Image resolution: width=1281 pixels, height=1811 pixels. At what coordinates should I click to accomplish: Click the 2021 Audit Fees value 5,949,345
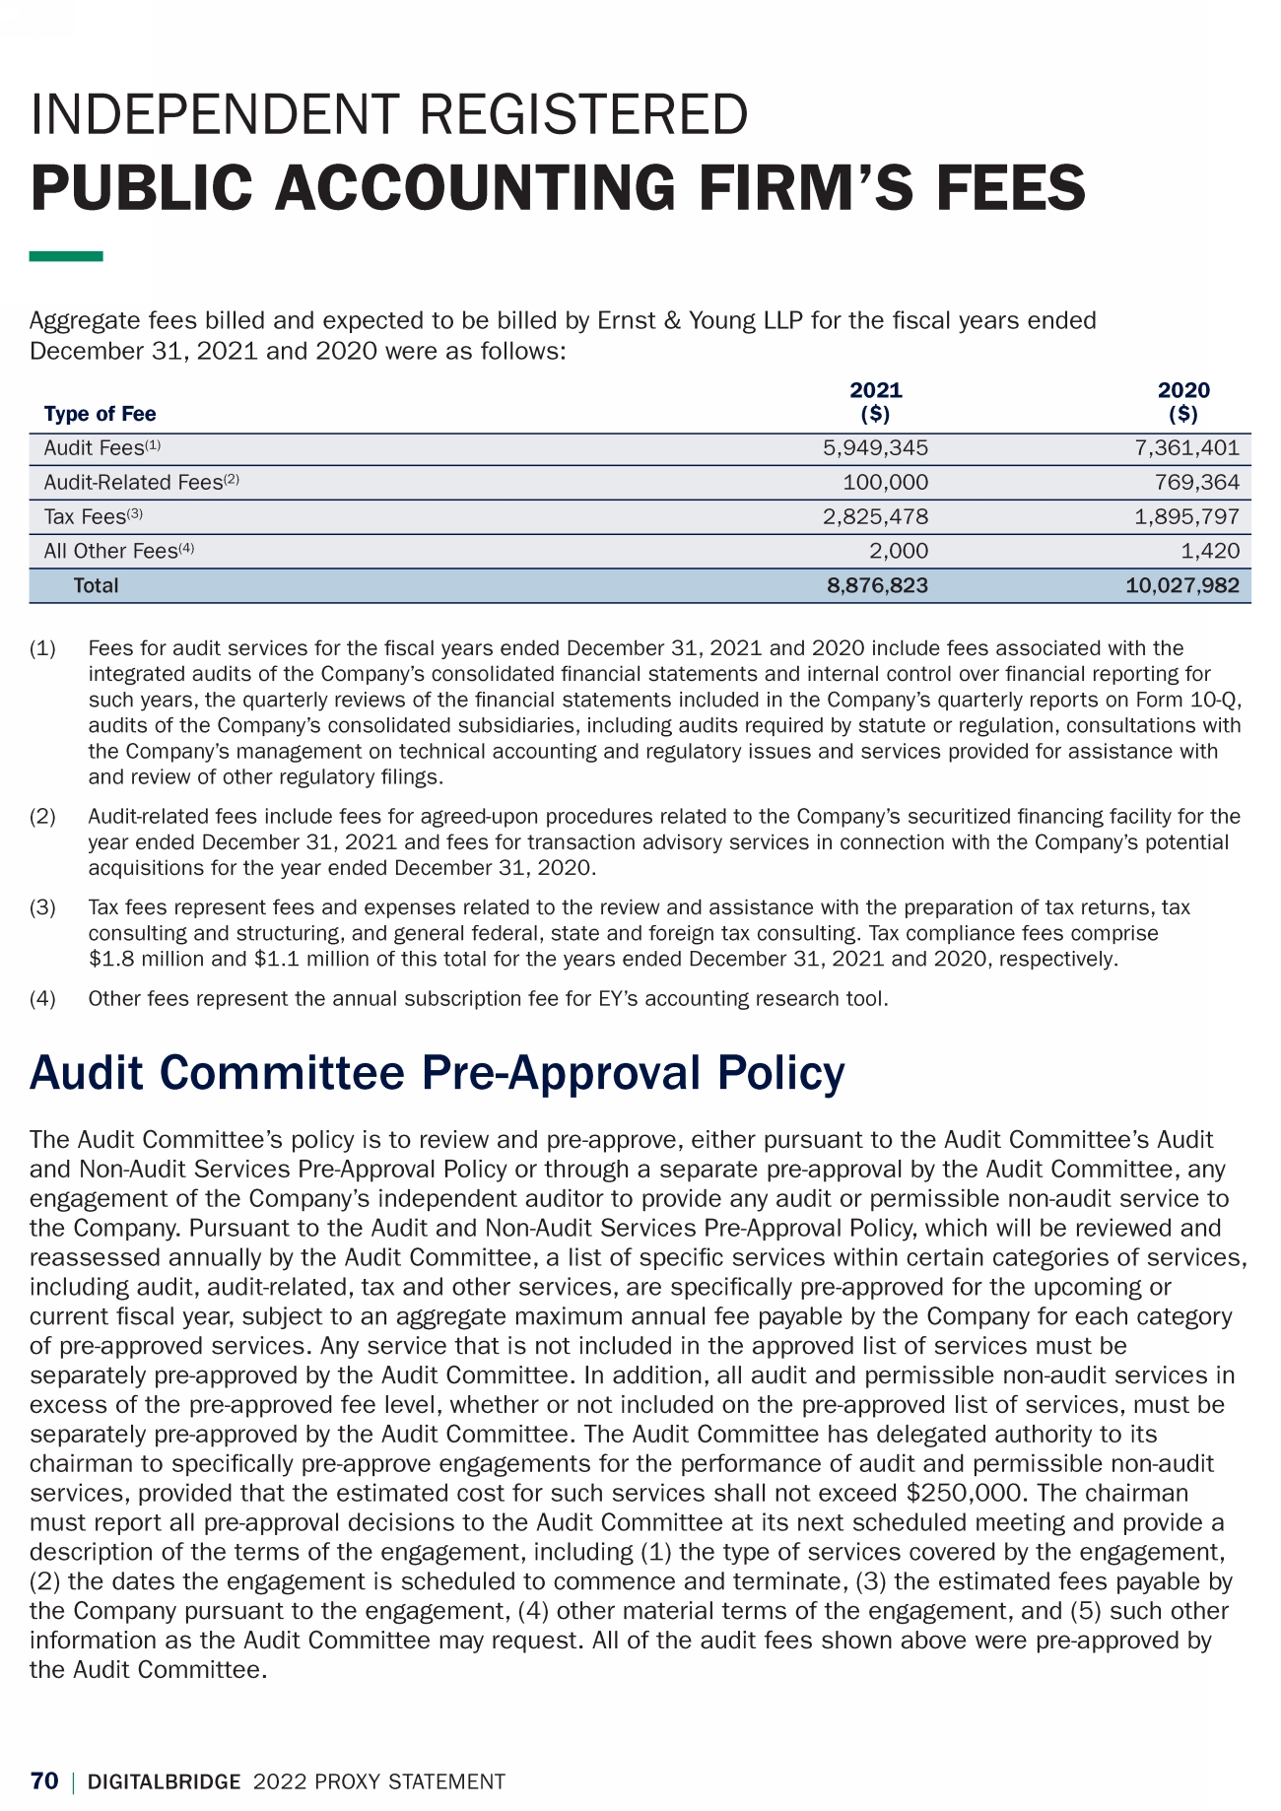coord(875,448)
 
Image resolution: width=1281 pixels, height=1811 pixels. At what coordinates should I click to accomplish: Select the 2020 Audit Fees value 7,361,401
coord(1186,448)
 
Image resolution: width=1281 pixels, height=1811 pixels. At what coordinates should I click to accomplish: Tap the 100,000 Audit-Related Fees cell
coord(885,483)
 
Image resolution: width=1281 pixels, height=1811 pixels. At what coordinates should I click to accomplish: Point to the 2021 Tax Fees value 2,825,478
coord(875,516)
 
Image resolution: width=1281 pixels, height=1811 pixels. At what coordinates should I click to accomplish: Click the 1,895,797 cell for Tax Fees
coord(1186,516)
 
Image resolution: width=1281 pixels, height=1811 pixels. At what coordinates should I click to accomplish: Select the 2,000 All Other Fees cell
coord(898,551)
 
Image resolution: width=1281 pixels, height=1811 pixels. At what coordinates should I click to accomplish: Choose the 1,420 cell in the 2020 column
coord(1211,551)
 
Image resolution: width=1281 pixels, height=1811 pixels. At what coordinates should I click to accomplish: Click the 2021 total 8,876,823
coord(877,585)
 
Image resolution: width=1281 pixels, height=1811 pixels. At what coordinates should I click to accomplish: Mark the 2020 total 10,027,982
coord(1181,585)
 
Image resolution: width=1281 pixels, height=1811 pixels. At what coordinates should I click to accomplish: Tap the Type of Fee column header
coord(100,414)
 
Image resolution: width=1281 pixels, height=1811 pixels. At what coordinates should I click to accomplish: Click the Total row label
coord(96,585)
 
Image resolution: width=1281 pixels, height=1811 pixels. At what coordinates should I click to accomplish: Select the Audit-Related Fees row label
coord(133,483)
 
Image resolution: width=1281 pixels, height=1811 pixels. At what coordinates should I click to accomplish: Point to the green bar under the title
coord(66,256)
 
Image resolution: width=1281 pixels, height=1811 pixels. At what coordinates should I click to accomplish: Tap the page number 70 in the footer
coord(44,1781)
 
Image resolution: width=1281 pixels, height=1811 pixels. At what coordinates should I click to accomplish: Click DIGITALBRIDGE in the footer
coord(165,1781)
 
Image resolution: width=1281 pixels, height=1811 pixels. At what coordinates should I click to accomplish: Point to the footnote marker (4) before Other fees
coord(43,999)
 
